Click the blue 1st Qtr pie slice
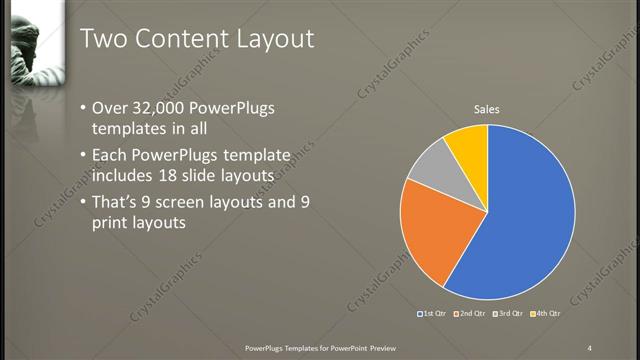click(x=525, y=215)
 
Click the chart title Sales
click(x=487, y=109)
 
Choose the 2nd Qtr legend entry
click(x=472, y=314)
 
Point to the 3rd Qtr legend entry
click(x=510, y=314)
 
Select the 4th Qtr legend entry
click(x=547, y=314)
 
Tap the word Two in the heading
click(x=103, y=38)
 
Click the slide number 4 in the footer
click(x=590, y=346)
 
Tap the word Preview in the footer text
click(x=389, y=346)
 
